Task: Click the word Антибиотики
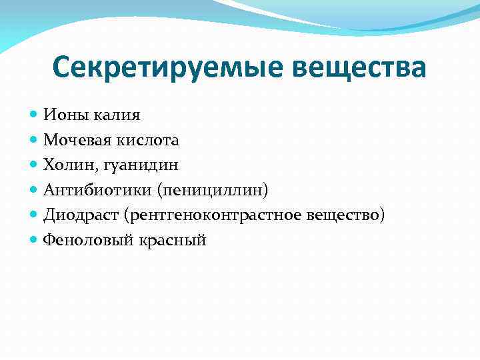pos(98,191)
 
